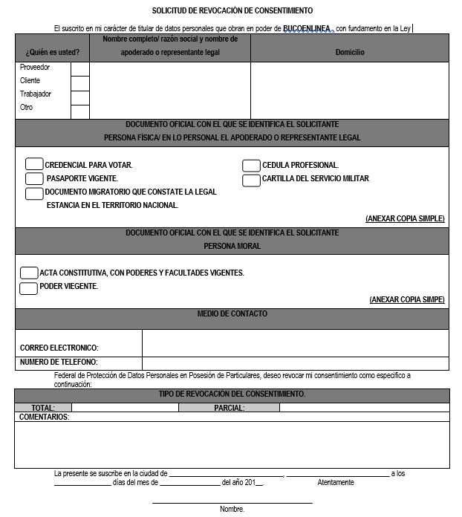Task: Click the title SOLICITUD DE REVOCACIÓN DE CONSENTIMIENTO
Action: click(x=232, y=11)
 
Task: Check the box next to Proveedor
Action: click(x=79, y=69)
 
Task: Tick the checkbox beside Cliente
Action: click(x=79, y=82)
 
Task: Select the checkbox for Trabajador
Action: click(x=79, y=97)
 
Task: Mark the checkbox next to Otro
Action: click(x=79, y=111)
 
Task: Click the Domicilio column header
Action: click(x=350, y=53)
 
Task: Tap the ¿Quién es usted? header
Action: click(x=52, y=53)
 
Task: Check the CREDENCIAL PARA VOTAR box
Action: click(x=34, y=165)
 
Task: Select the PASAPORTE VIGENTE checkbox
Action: click(x=34, y=178)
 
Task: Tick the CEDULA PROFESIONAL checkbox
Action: click(x=251, y=165)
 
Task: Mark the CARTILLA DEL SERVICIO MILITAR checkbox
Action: click(x=251, y=179)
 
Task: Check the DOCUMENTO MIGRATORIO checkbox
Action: click(x=34, y=193)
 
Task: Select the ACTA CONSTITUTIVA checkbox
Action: click(x=29, y=273)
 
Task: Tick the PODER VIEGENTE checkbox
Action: click(x=29, y=287)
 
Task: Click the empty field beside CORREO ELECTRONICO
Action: click(x=295, y=343)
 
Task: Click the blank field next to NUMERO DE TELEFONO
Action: click(x=295, y=363)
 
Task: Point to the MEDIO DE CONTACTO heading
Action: click(x=232, y=314)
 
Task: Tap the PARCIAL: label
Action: click(x=230, y=408)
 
